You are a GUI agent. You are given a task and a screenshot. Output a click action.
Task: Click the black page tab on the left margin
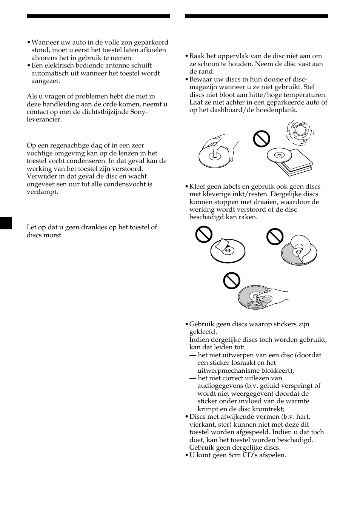tap(6, 223)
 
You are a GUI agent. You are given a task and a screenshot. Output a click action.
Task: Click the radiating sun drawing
tap(300, 131)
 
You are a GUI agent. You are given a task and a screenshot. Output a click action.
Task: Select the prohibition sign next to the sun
tap(262, 138)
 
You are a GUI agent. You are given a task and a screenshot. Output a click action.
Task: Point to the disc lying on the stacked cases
tap(280, 155)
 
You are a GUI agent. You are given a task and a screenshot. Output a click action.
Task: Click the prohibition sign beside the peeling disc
tap(275, 237)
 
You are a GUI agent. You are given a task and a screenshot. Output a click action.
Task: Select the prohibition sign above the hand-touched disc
tap(231, 280)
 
